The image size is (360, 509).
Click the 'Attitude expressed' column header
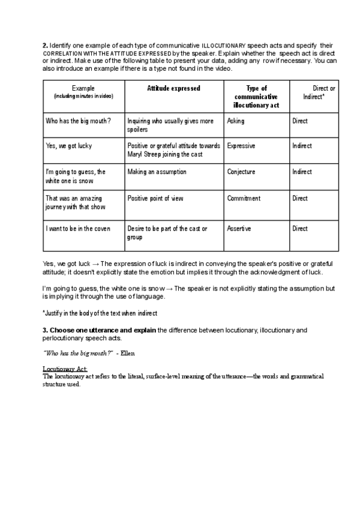[173, 88]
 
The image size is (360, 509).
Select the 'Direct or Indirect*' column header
[320, 92]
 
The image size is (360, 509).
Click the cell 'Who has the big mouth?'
[78, 121]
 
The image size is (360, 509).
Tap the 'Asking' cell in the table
[236, 121]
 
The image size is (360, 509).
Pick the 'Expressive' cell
[241, 146]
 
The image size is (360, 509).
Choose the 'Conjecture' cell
[241, 172]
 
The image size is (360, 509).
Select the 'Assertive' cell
[239, 229]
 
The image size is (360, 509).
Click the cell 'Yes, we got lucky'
[69, 146]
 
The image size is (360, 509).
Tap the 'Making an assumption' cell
[157, 172]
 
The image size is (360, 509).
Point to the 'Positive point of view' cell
[155, 199]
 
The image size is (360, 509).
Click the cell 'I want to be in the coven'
[80, 229]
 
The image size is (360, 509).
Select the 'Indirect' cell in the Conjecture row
[302, 172]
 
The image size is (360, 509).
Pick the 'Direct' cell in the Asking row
[300, 121]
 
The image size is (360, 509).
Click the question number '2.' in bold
[45, 45]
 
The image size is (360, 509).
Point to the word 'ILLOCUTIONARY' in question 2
[224, 46]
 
